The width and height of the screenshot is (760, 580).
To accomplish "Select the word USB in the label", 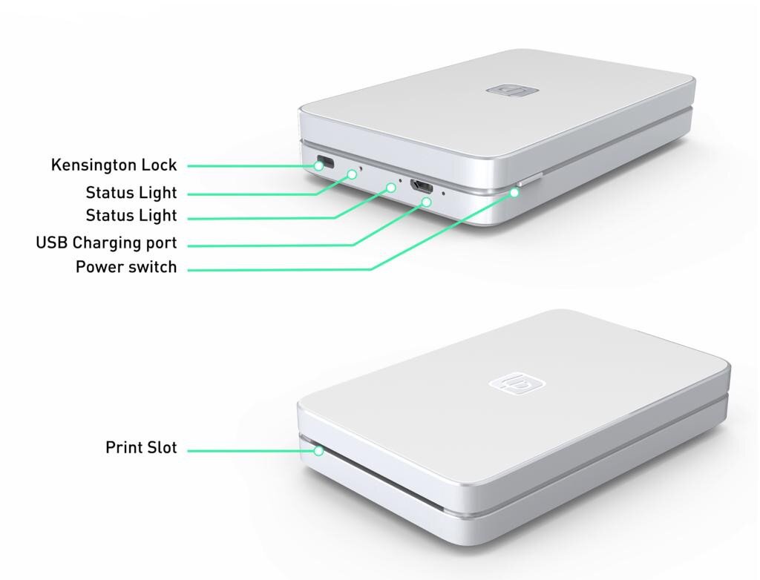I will (x=52, y=243).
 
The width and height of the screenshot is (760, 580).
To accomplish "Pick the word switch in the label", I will (x=151, y=267).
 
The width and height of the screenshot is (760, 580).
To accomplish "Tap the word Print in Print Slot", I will (x=124, y=448).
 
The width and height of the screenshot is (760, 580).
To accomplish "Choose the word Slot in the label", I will (x=163, y=448).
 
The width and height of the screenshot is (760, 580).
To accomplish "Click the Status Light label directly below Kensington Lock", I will (x=131, y=193).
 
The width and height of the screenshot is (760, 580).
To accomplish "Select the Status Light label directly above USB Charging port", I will (x=131, y=216).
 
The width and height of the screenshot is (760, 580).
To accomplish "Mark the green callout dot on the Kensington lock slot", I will (x=319, y=165).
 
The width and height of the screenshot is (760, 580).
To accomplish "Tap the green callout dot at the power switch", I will (x=515, y=191).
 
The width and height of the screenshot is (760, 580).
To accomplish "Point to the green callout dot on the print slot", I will (x=318, y=449).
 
